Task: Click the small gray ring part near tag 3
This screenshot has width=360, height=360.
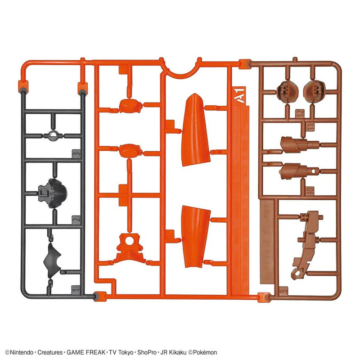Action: point(54,136)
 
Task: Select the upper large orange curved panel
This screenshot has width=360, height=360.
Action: point(196,130)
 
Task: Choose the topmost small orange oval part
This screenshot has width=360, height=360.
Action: point(130,105)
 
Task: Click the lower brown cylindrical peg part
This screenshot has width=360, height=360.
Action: point(295,171)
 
